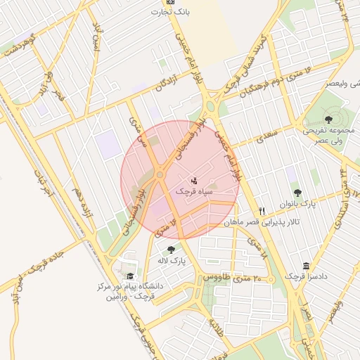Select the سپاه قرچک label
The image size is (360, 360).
(x=193, y=191)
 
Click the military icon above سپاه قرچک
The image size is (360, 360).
(x=194, y=180)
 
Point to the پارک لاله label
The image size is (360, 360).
(x=172, y=260)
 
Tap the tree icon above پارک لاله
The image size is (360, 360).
(x=171, y=250)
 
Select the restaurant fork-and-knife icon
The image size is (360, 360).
(x=262, y=210)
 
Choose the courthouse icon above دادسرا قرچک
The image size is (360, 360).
(x=305, y=266)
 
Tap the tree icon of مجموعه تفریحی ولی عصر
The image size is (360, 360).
(x=329, y=120)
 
